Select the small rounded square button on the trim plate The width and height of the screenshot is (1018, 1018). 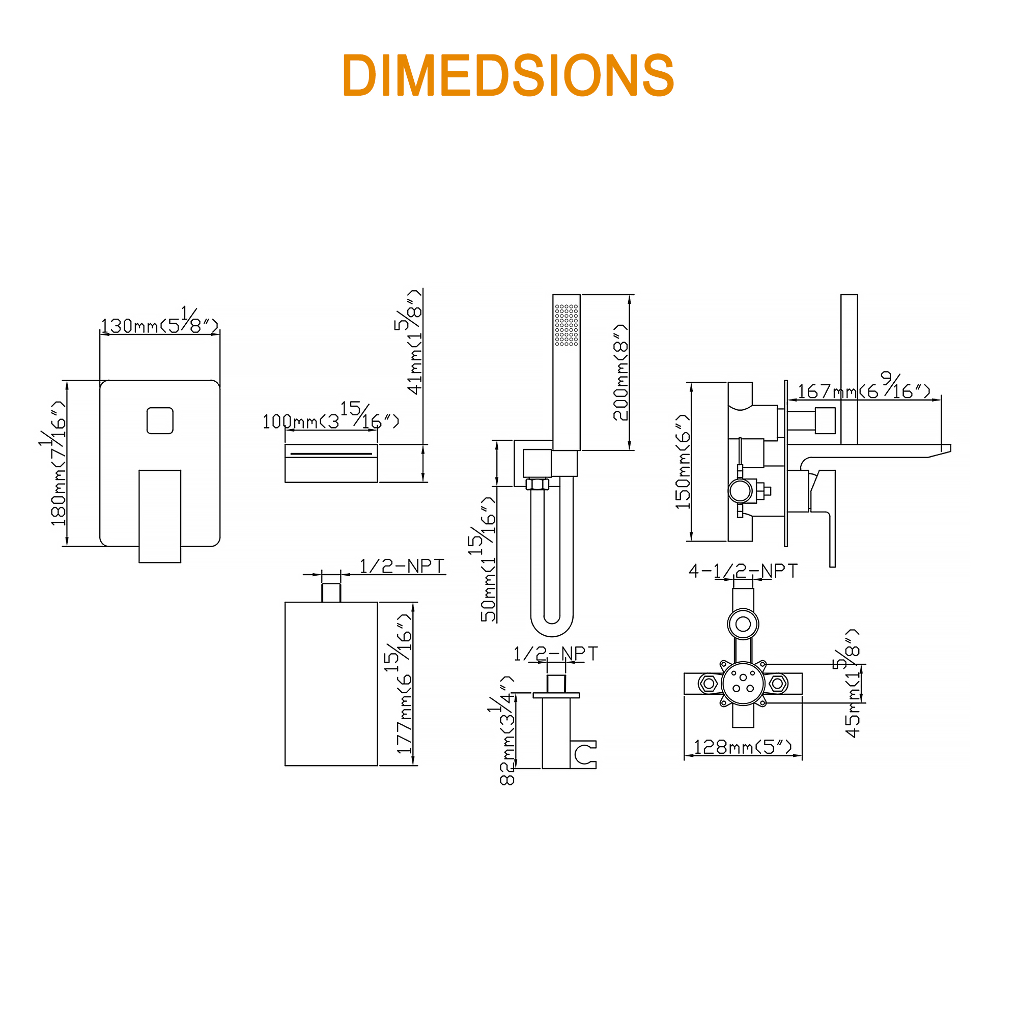(x=160, y=420)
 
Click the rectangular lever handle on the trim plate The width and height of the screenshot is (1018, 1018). (x=160, y=516)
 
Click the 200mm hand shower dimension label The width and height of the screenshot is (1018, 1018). (x=620, y=372)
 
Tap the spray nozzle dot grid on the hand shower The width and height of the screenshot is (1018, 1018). (x=567, y=325)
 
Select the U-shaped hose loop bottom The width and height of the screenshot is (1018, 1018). (x=552, y=622)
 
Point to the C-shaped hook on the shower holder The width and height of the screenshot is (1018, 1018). (x=584, y=754)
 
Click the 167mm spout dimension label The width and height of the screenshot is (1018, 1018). (x=864, y=387)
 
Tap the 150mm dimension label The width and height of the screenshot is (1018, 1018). (x=683, y=462)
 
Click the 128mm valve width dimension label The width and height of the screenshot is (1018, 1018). (x=743, y=747)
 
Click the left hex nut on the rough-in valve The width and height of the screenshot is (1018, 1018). (x=709, y=684)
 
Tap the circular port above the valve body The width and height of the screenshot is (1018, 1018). (x=743, y=625)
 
